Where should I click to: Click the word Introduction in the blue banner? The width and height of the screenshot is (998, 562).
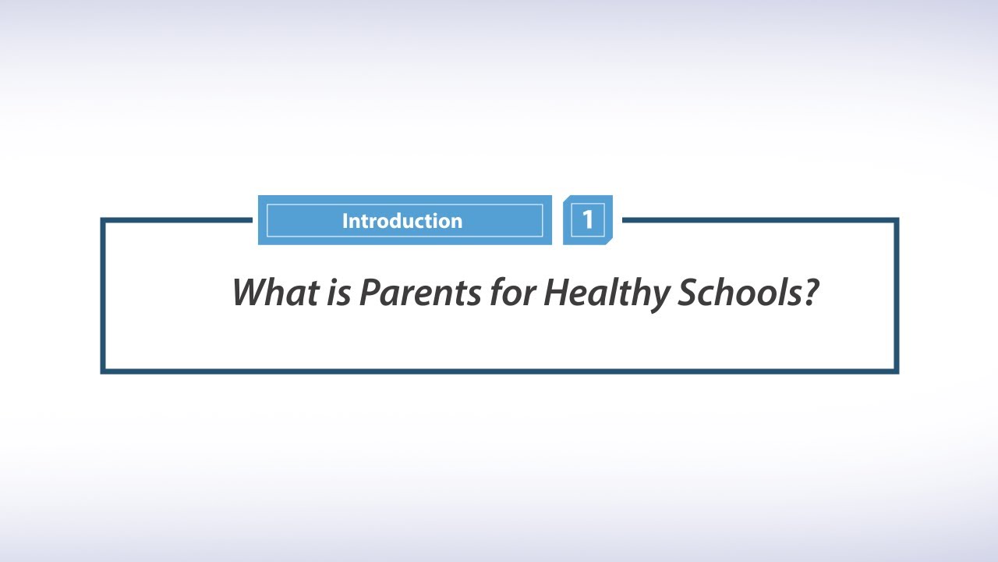tap(402, 221)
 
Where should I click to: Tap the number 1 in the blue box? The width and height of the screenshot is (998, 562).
tap(588, 220)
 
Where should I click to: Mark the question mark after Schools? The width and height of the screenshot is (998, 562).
tap(811, 292)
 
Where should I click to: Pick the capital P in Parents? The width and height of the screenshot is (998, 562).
tap(368, 292)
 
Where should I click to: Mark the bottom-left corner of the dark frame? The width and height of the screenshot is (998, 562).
tap(103, 371)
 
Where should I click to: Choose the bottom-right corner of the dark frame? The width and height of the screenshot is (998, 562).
tap(897, 371)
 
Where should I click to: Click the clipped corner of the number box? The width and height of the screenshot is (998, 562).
tap(609, 241)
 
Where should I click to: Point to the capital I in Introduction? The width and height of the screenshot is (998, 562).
tap(345, 221)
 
